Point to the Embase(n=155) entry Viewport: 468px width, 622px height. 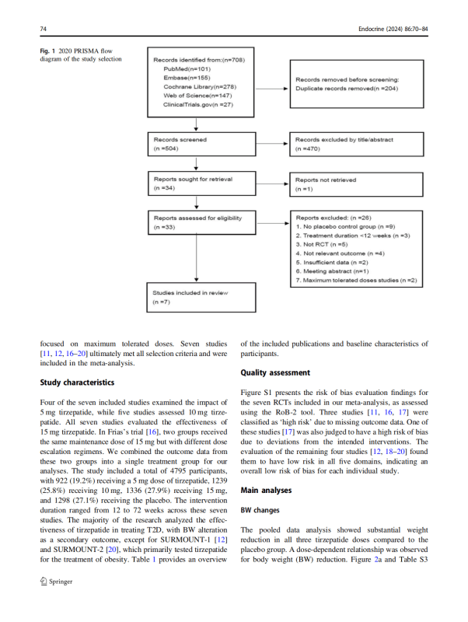(x=179, y=78)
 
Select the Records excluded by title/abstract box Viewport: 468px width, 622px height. (x=356, y=144)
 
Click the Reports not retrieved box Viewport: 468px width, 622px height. (x=356, y=183)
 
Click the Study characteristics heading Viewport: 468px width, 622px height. (x=76, y=383)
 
